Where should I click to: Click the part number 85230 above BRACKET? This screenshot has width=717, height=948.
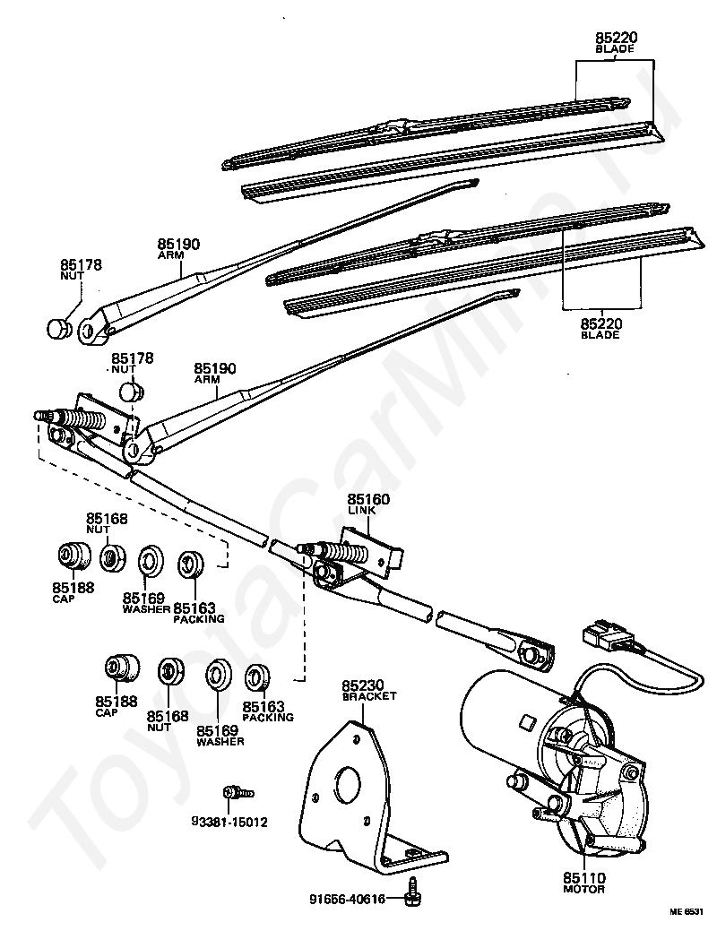362,686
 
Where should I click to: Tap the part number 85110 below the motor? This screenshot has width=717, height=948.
584,878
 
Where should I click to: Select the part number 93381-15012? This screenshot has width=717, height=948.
229,822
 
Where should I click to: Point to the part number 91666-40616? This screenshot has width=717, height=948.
347,899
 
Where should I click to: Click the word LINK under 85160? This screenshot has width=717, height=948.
361,510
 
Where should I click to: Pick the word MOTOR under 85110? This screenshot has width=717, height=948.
584,890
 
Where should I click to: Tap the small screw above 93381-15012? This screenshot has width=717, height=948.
238,793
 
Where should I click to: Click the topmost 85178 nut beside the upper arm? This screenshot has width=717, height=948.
58,327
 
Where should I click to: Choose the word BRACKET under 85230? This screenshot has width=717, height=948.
368,696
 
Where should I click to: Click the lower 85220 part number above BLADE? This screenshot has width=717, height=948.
600,324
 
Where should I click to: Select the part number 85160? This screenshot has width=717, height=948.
368,500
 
